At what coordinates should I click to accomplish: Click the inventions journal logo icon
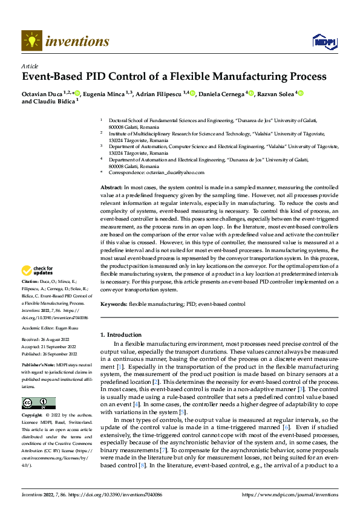[31, 41]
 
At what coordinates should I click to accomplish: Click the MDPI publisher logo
[324, 41]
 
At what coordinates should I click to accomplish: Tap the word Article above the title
[30, 66]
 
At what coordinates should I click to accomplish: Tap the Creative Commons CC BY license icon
[38, 403]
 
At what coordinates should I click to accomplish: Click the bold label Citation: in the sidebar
[31, 282]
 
